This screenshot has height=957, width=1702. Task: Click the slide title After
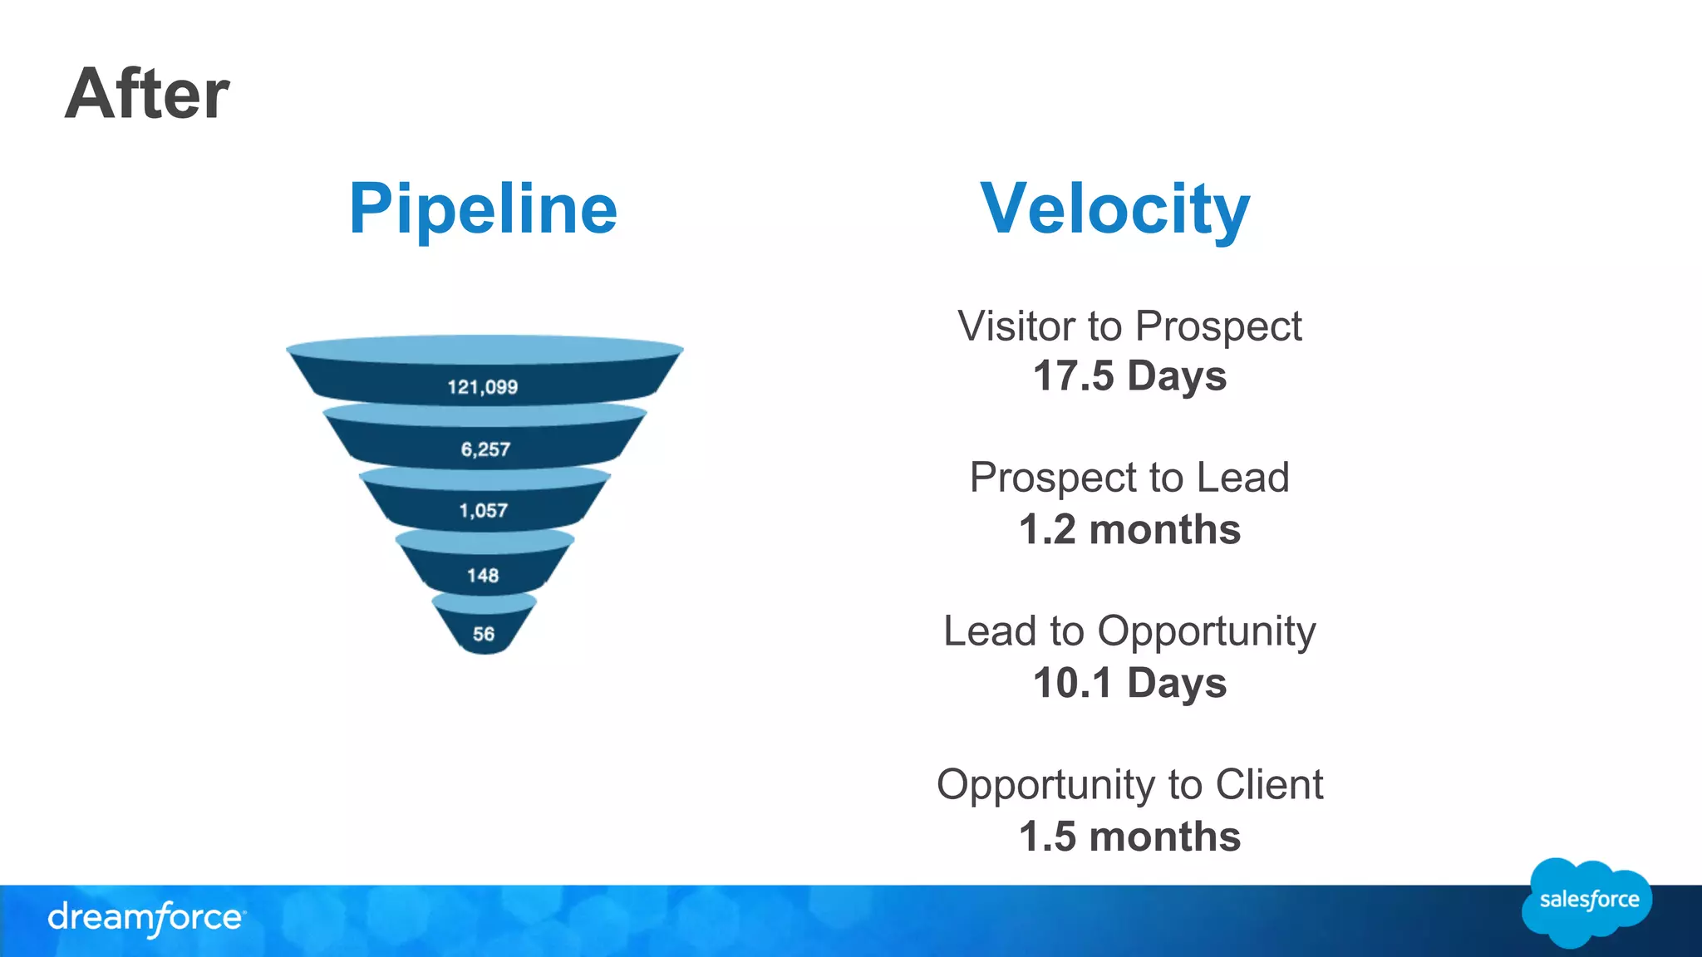[x=147, y=94]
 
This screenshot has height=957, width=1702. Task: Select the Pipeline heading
[x=483, y=209]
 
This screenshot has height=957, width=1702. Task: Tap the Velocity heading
[x=1114, y=209]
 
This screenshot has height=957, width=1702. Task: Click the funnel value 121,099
[x=482, y=387]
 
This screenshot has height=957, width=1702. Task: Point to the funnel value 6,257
[x=485, y=449]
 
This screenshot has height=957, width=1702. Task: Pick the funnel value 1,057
[x=483, y=511]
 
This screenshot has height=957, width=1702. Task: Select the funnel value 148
[x=483, y=576]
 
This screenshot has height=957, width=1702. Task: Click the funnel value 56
[x=484, y=635]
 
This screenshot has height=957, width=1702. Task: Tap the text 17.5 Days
[x=1129, y=376]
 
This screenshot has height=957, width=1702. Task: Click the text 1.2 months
[x=1129, y=530]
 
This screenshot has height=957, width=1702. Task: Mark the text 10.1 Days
[x=1129, y=684]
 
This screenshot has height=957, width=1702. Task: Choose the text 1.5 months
[x=1129, y=837]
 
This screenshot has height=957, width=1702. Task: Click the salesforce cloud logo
[x=1587, y=901]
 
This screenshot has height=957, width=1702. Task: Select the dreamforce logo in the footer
[x=146, y=918]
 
